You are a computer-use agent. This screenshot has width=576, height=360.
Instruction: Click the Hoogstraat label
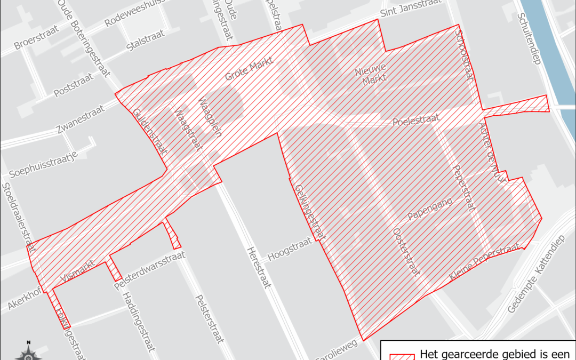click(289, 249)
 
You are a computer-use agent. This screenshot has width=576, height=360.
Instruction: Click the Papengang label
click(430, 209)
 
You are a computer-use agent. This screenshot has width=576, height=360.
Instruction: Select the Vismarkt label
click(78, 270)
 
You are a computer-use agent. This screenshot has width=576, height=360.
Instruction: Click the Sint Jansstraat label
click(411, 10)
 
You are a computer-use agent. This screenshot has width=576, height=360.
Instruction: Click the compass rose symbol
click(29, 351)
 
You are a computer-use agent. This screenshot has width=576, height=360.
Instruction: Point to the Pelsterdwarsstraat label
click(150, 271)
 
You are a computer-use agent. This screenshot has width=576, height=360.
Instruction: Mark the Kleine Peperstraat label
click(484, 262)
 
